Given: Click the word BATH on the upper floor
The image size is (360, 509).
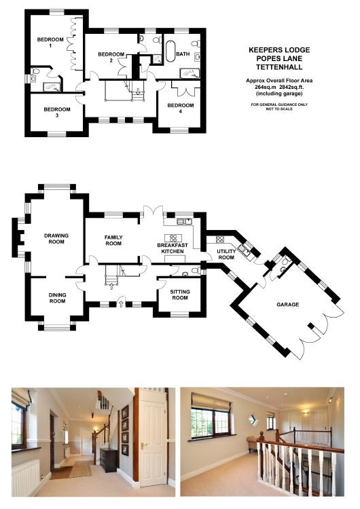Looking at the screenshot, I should tap(183, 53).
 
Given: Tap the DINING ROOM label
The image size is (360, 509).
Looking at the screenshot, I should tap(57, 299).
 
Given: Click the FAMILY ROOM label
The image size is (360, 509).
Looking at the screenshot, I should tap(113, 239).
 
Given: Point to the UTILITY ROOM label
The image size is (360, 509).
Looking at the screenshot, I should tap(226, 254).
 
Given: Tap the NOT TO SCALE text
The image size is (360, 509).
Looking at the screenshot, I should tap(278, 109).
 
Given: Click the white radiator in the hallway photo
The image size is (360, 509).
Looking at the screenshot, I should tap(26, 477).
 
